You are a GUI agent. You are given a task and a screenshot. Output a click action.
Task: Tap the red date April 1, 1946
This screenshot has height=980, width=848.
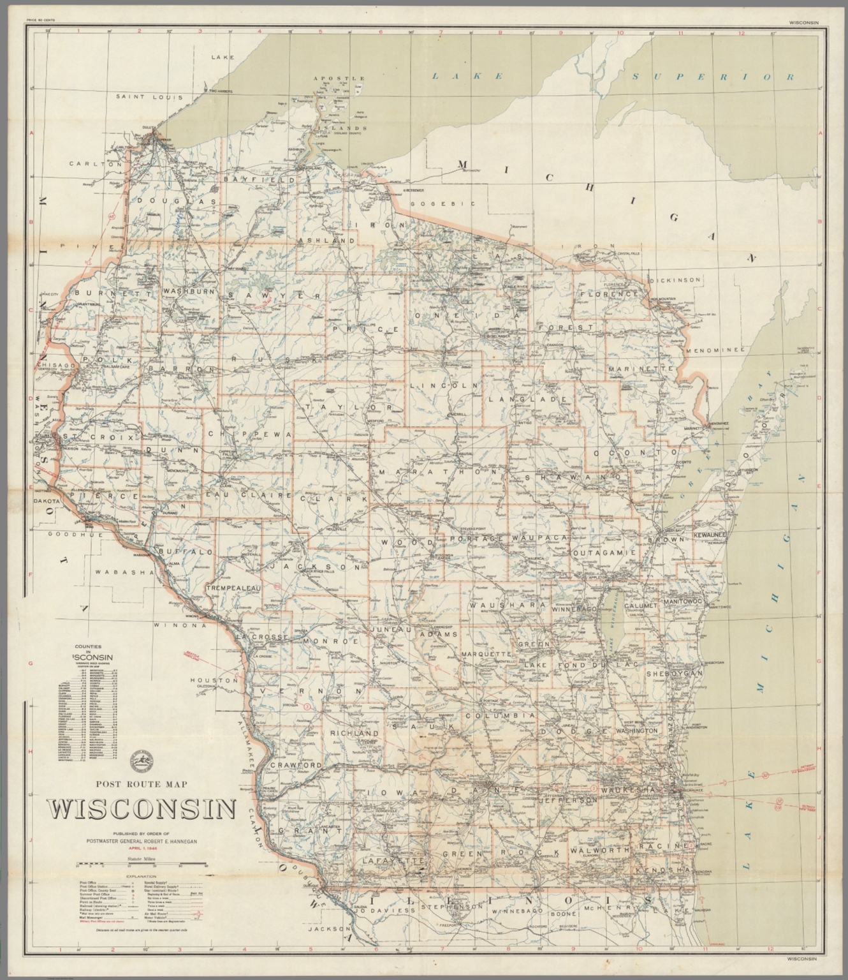tap(142, 848)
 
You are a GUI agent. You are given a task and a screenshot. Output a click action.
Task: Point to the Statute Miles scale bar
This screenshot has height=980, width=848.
tap(142, 865)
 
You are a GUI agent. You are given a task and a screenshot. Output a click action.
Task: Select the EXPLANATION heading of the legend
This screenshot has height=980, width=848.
tap(142, 877)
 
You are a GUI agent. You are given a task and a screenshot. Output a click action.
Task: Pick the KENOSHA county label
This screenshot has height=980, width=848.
tap(662, 870)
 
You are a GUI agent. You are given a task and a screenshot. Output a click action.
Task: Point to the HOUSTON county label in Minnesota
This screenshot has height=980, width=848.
tap(217, 681)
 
